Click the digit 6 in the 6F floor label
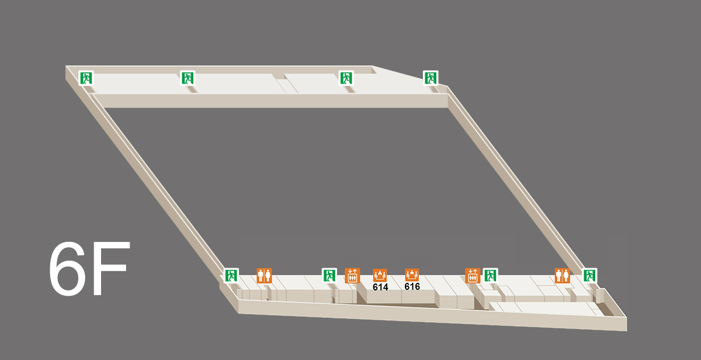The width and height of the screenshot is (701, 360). coord(67,269)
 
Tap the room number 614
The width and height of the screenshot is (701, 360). coord(380,287)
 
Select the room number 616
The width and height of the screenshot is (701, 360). coord(412,286)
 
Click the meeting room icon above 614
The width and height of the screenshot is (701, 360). coord(380,275)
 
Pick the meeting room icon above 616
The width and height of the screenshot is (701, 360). coord(412,275)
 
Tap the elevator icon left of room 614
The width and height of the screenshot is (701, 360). coord(352,275)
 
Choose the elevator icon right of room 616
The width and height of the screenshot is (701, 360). coord(473,275)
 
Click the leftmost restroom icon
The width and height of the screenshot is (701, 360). coord(264,275)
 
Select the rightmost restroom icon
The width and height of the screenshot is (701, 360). coord(563,275)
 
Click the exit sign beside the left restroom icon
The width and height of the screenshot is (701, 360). coord(231,275)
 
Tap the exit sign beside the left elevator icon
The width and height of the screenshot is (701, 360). coord(329,275)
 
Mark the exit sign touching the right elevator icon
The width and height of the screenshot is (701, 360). coord(490,275)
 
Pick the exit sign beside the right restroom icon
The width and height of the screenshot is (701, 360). coord(589,275)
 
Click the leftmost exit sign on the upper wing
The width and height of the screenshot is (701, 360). coord(86,78)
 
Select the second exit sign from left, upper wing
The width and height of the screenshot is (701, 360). coord(188,78)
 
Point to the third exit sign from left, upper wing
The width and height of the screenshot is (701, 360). coord(346,78)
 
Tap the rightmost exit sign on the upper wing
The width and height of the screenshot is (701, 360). coord(431,78)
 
